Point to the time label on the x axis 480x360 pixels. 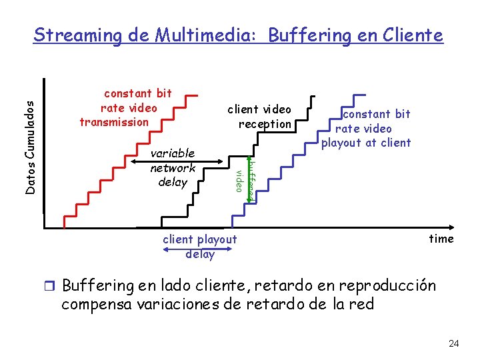(441, 239)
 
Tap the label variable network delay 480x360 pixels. (173, 167)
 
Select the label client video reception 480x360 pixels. (259, 117)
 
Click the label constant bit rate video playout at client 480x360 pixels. (366, 128)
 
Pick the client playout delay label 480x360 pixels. (200, 247)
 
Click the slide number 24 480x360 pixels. (454, 344)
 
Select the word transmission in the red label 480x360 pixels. (114, 121)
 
